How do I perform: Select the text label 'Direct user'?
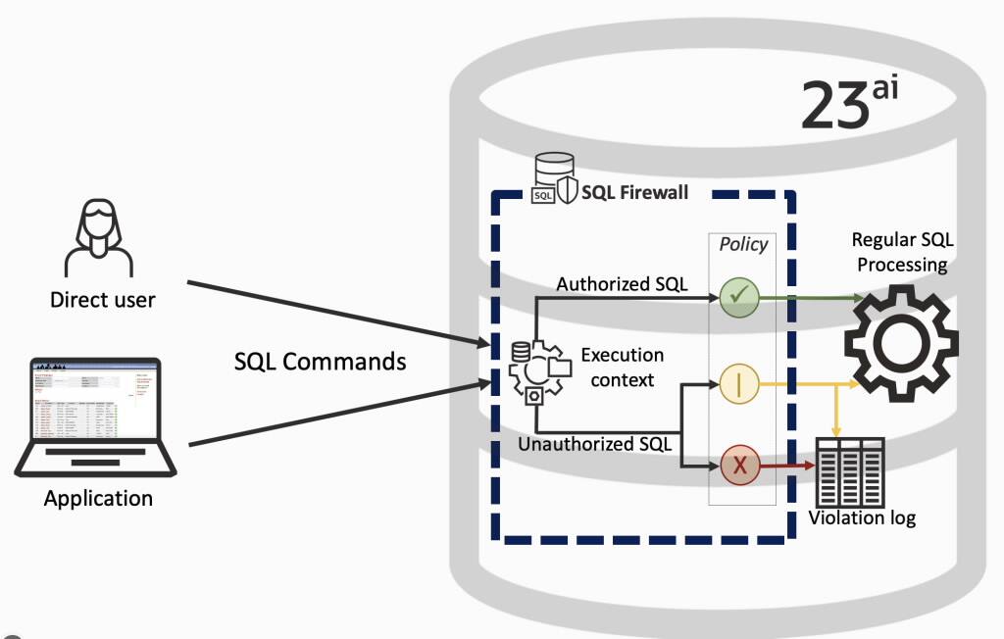[x=102, y=300]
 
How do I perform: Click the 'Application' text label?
[x=98, y=498]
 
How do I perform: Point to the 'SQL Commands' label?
[x=320, y=361]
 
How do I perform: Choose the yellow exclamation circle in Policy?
[x=739, y=383]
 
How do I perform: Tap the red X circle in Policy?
[x=739, y=467]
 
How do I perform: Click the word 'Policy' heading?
[x=743, y=244]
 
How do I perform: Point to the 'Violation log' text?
[x=862, y=517]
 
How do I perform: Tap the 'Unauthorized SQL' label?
[x=594, y=444]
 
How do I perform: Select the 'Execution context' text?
[x=622, y=367]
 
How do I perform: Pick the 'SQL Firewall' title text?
[x=634, y=192]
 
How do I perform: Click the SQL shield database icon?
[x=553, y=179]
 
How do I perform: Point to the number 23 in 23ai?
[x=834, y=105]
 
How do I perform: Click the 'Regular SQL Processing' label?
[x=901, y=252]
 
